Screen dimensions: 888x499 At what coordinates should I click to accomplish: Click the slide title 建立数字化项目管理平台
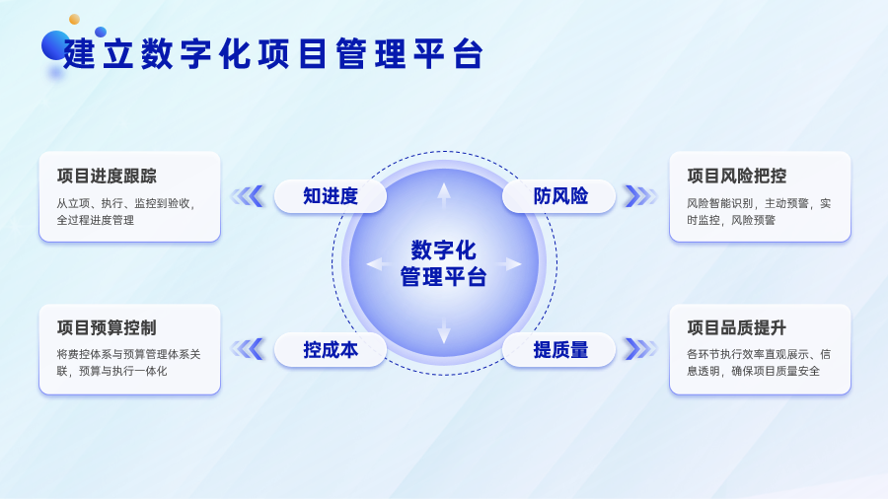tap(273, 54)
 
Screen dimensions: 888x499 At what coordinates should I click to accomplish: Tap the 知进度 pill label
tap(331, 196)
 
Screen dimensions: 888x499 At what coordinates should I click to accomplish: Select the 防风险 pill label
tap(560, 196)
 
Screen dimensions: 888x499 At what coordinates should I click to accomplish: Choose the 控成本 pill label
tap(331, 350)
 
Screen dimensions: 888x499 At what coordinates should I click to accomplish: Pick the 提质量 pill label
tap(560, 350)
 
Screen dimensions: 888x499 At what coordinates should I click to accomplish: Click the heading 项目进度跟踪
tap(107, 176)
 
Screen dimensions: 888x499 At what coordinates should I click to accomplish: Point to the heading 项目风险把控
tap(737, 176)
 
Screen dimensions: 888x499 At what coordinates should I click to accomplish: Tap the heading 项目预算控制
tap(107, 327)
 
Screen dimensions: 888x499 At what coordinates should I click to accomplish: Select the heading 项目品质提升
tap(737, 327)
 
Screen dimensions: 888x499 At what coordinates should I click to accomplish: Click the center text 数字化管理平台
tap(443, 263)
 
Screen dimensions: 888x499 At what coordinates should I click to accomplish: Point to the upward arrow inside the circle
tap(444, 195)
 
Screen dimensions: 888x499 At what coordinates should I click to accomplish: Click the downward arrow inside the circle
tap(444, 331)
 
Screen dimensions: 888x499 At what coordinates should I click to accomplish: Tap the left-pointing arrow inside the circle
tap(378, 263)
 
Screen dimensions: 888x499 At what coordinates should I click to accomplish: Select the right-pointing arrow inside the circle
tap(509, 263)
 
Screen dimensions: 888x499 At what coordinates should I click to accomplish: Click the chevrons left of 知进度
tap(248, 196)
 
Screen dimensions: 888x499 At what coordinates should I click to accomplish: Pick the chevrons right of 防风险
tap(640, 196)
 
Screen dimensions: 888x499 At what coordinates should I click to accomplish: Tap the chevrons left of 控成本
tap(248, 349)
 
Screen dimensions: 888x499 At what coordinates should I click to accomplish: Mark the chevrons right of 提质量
tap(640, 349)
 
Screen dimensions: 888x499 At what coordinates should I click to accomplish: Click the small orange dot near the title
tap(74, 20)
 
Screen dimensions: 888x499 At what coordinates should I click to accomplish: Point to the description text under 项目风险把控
tap(759, 212)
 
